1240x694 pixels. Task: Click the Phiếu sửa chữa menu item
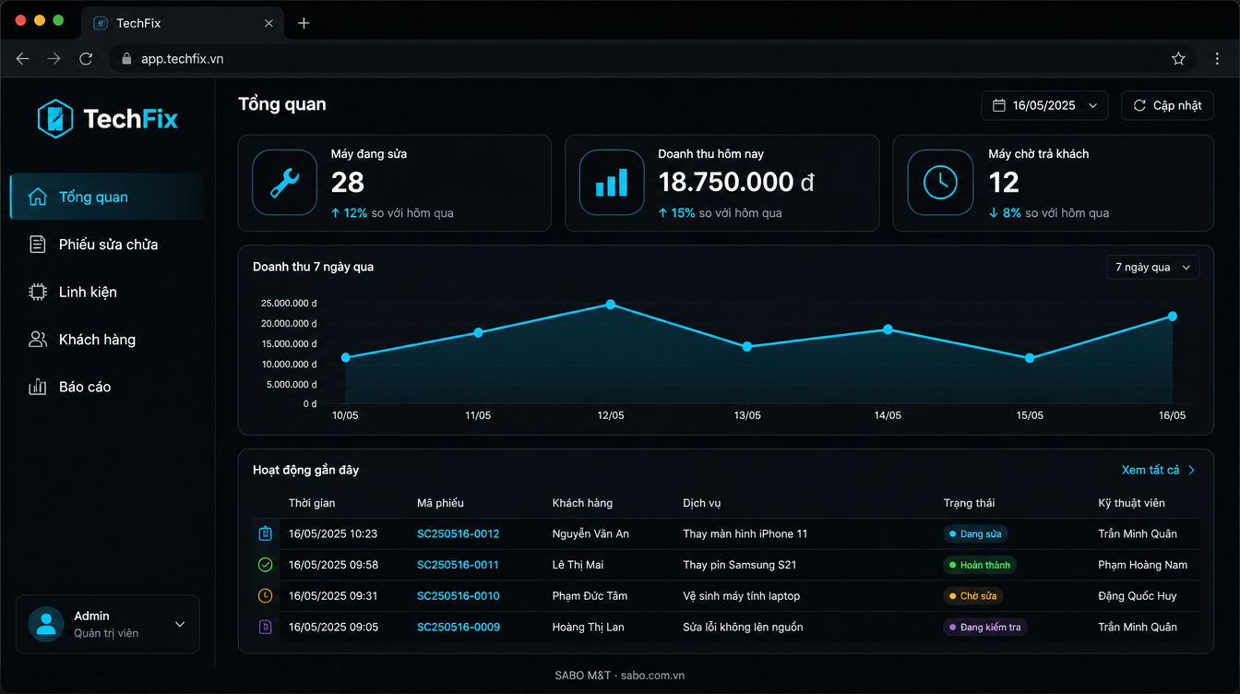coord(93,245)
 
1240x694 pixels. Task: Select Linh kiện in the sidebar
coord(73,292)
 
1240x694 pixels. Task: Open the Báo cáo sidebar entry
coord(70,387)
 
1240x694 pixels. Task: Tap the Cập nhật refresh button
coord(1167,105)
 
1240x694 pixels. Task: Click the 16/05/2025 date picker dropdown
coord(1044,105)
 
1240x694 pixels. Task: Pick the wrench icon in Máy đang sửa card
coord(284,182)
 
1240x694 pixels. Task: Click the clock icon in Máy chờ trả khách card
coord(940,182)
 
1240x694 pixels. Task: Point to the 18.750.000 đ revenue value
coord(736,182)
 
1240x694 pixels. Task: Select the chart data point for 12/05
coord(611,304)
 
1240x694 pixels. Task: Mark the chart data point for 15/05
coord(1030,358)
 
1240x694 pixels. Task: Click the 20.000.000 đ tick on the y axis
coord(289,323)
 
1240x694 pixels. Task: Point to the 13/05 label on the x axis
coord(747,415)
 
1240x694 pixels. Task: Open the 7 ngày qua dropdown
coord(1153,267)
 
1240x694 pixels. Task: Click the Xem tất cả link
coord(1158,470)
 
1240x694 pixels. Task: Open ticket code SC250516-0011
coord(458,565)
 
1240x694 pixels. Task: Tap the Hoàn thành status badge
coord(979,565)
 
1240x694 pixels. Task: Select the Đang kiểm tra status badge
coord(984,627)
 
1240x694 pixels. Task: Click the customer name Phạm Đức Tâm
coord(590,596)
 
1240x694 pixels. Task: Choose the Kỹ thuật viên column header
coord(1131,503)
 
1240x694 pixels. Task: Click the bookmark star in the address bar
coord(1178,59)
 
